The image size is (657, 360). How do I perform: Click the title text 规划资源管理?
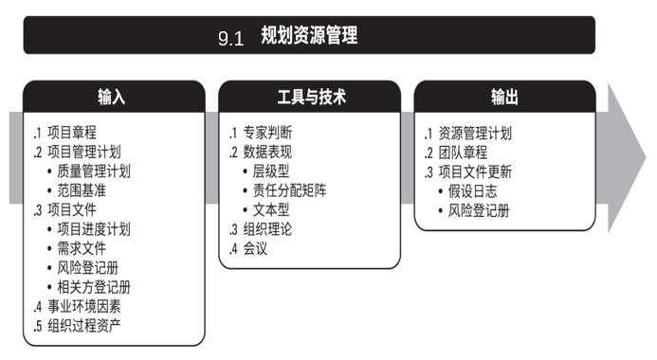[x=309, y=35]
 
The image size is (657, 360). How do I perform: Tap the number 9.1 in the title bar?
[x=231, y=39]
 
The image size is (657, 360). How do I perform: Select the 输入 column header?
[x=112, y=97]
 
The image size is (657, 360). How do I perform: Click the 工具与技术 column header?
[x=312, y=97]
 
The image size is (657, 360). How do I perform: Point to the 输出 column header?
[x=504, y=97]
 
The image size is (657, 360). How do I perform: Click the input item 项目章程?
[x=72, y=133]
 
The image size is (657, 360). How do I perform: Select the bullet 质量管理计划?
[x=94, y=171]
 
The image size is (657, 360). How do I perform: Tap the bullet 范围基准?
[x=82, y=190]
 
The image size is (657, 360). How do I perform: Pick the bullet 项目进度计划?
[x=94, y=229]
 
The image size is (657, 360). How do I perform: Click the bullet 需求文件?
[x=82, y=248]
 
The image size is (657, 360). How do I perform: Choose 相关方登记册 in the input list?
[x=94, y=287]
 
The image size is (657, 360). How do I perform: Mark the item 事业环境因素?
[x=83, y=306]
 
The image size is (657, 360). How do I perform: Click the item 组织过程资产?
[x=83, y=326]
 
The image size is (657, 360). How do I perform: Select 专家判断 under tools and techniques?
[x=267, y=133]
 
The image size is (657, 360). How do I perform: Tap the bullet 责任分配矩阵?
[x=289, y=190]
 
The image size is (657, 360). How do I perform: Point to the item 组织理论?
[x=267, y=229]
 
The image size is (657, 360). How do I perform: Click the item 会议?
[x=255, y=248]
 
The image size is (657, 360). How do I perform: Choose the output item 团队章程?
[x=463, y=153]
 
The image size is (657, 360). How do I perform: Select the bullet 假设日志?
[x=473, y=191]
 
